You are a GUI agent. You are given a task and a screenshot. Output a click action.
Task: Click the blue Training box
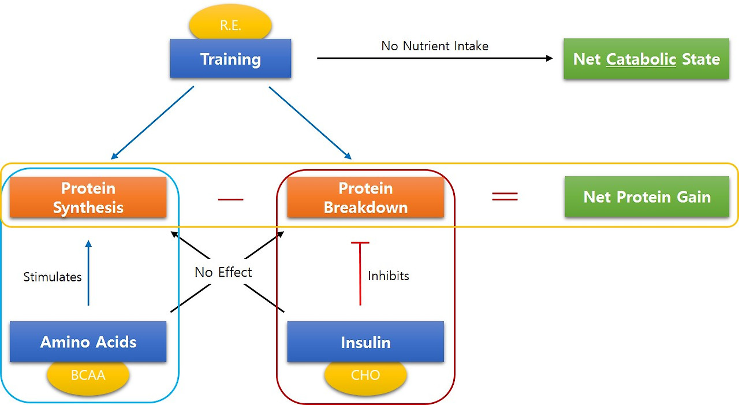coord(230,59)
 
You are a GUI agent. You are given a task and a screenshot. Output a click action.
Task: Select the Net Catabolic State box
coord(646,59)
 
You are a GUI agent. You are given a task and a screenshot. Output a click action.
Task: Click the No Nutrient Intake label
coord(435,46)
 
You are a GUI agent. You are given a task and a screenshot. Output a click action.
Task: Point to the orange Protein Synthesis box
coord(88,198)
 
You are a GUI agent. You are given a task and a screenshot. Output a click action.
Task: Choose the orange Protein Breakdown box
coord(365,198)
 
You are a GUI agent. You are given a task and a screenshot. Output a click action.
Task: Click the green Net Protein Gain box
coord(647,197)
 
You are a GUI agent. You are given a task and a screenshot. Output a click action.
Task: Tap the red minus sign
coord(230,199)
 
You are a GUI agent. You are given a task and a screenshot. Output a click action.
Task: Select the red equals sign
coord(504,196)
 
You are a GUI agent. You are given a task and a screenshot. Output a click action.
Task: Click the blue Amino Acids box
coord(88,342)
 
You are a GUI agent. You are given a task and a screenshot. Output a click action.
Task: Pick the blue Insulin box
coord(365,342)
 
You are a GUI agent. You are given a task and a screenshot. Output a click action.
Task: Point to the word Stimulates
coord(53,277)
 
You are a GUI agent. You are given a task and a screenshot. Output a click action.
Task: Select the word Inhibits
coord(389,276)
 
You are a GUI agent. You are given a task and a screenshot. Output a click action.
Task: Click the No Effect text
coord(223,272)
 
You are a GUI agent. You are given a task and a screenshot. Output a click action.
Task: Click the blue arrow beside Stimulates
coord(88,273)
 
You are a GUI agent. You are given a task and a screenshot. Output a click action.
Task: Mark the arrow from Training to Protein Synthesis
coord(152,122)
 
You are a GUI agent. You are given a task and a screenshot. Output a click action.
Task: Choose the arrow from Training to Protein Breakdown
coord(310,122)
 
